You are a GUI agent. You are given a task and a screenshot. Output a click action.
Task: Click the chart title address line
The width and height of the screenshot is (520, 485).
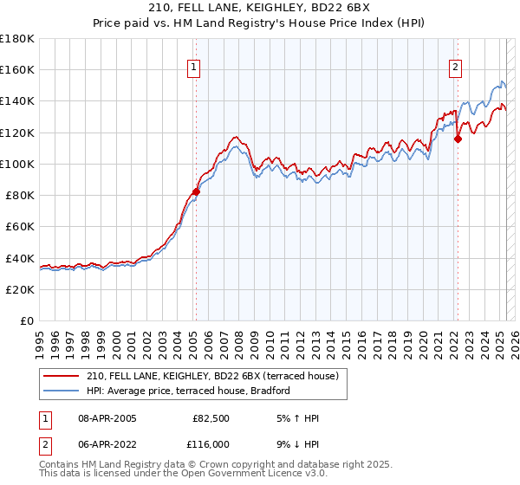tap(259, 10)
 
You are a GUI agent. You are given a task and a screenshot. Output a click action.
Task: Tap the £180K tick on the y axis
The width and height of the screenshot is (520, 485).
tap(17, 39)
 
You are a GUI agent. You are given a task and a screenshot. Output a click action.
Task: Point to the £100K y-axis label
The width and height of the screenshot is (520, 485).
tap(17, 164)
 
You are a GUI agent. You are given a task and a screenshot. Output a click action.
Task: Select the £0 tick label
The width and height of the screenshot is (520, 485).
tap(28, 320)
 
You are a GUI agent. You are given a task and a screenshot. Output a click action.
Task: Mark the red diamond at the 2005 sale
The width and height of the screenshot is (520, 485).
tap(196, 191)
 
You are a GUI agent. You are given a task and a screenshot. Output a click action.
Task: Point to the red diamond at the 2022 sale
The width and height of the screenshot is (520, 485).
tap(458, 139)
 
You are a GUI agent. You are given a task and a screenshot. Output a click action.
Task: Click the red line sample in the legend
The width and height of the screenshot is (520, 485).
tap(61, 375)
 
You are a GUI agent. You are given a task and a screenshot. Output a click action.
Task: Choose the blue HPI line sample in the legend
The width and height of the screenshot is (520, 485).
tap(61, 391)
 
